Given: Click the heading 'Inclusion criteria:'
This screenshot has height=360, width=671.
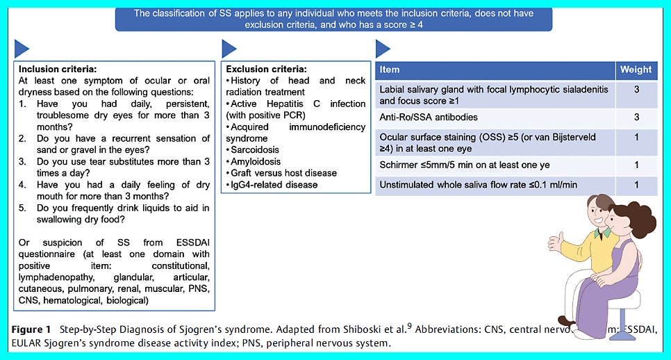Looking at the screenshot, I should pyautogui.click(x=58, y=69).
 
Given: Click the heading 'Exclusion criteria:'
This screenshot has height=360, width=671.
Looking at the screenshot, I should pyautogui.click(x=267, y=69).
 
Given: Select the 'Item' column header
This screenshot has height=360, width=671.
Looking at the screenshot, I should pyautogui.click(x=390, y=70).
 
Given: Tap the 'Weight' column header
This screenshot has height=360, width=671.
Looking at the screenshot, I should pyautogui.click(x=636, y=70).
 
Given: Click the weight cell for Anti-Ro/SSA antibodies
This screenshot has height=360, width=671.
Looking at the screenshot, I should pyautogui.click(x=636, y=117).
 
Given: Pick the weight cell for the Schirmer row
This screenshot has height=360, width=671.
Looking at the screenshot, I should pyautogui.click(x=636, y=165).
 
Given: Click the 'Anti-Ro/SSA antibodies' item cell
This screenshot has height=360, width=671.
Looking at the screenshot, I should pyautogui.click(x=428, y=117).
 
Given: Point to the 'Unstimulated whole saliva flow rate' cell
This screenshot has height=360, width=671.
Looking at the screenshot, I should pyautogui.click(x=479, y=184).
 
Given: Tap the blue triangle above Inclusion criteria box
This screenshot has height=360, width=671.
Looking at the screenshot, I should pyautogui.click(x=22, y=49).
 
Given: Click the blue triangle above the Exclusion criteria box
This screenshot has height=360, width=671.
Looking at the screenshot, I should pyautogui.click(x=229, y=49).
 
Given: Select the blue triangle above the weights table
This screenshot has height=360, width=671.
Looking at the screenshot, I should pyautogui.click(x=382, y=49).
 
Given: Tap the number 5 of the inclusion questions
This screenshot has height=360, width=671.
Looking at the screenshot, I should pyautogui.click(x=22, y=208).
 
